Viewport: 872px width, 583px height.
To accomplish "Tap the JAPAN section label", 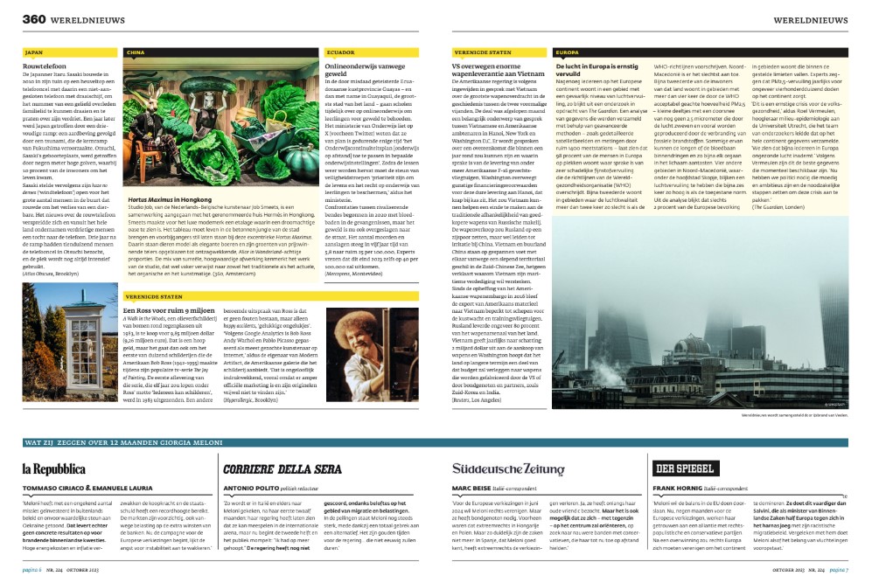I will pyautogui.click(x=35, y=52).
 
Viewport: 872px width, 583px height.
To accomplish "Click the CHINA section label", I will pyautogui.click(x=135, y=52).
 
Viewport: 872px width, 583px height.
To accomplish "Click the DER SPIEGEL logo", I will pyautogui.click(x=686, y=469).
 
